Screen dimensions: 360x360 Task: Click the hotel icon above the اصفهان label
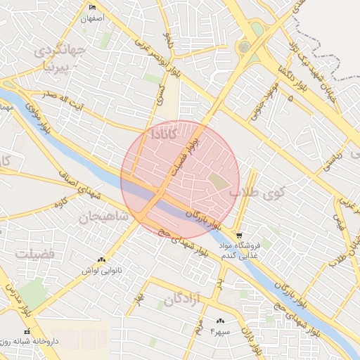tap(92, 8)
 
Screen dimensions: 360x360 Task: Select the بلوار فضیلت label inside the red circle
tap(188, 153)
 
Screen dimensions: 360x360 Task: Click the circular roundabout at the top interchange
tap(244, 47)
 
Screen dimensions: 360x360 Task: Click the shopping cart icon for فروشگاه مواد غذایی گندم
tap(239, 236)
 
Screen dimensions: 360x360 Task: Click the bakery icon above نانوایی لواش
tap(103, 259)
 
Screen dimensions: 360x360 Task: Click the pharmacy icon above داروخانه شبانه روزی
tap(27, 331)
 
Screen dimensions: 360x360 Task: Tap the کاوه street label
tap(64, 203)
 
